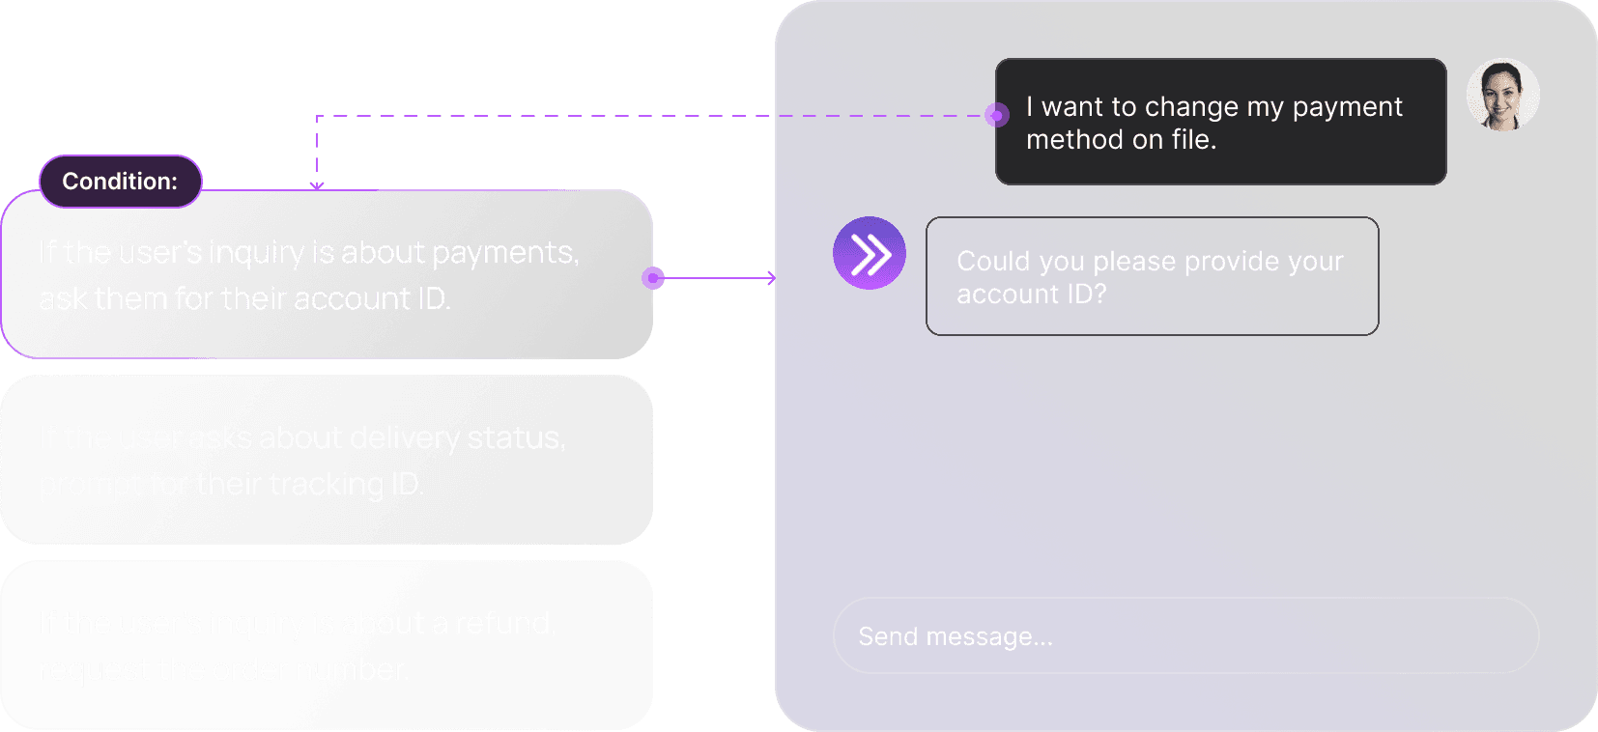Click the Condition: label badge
[x=120, y=182]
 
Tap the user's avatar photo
[x=1502, y=95]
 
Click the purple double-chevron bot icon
[x=870, y=254]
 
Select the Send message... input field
[x=1185, y=635]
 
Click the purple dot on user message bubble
[x=996, y=116]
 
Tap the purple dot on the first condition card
[x=653, y=278]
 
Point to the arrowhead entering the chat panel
[x=771, y=278]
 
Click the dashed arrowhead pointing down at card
[x=317, y=185]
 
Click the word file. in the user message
[x=1193, y=140]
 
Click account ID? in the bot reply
[x=1031, y=295]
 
